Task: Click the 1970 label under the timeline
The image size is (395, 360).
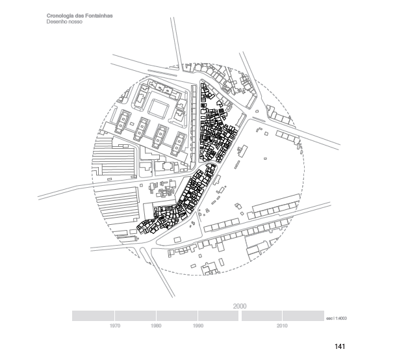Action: [115, 324]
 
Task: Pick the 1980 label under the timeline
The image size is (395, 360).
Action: [156, 324]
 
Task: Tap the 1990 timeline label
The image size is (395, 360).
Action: [198, 324]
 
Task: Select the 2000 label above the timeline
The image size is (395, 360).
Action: [240, 305]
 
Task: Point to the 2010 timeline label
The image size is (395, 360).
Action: [282, 324]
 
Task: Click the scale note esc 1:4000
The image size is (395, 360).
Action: [337, 318]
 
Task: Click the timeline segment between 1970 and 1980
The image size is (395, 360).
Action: [136, 316]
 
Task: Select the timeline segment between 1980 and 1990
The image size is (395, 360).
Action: [177, 316]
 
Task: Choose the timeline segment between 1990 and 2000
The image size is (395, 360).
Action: [218, 316]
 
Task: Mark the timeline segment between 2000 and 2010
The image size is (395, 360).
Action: [262, 316]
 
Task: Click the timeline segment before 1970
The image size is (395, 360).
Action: [93, 316]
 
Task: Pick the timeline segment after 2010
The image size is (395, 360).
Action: [302, 316]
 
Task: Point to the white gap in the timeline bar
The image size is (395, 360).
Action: [240, 316]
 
